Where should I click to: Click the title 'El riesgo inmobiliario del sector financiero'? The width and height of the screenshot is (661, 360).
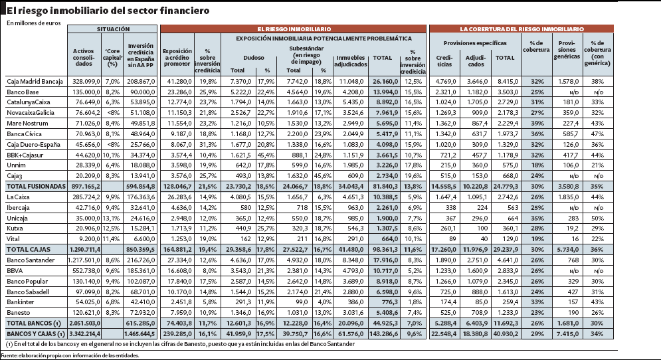(x=108, y=11)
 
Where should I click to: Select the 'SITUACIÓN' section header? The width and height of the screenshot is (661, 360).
(x=113, y=29)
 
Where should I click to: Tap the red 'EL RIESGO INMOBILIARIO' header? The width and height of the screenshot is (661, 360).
(x=294, y=29)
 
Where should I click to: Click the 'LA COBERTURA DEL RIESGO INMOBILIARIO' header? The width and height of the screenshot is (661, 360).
(x=521, y=29)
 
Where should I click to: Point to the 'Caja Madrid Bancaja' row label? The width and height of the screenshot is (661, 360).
(x=35, y=81)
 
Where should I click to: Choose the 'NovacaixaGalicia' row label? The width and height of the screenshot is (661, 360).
(x=31, y=112)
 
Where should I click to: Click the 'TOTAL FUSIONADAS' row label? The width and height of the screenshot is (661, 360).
(x=37, y=187)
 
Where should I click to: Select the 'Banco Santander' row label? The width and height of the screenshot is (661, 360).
(x=31, y=260)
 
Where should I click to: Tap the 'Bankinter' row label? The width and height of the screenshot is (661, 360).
(x=21, y=302)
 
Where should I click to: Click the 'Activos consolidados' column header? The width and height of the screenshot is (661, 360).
(x=84, y=57)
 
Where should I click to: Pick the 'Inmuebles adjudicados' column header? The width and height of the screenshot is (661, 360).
(x=351, y=61)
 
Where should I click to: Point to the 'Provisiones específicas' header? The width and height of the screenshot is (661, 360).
(x=475, y=43)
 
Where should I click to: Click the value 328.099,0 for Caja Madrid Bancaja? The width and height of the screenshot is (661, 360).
(x=86, y=81)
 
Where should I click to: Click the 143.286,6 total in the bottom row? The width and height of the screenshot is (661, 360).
(x=383, y=333)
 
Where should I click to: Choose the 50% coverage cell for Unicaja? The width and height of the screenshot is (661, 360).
(x=597, y=218)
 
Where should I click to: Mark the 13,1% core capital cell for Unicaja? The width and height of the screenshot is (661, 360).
(x=112, y=218)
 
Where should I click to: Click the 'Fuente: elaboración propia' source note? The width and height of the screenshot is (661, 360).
(x=70, y=355)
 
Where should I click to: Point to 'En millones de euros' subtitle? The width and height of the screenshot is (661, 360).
(x=34, y=23)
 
